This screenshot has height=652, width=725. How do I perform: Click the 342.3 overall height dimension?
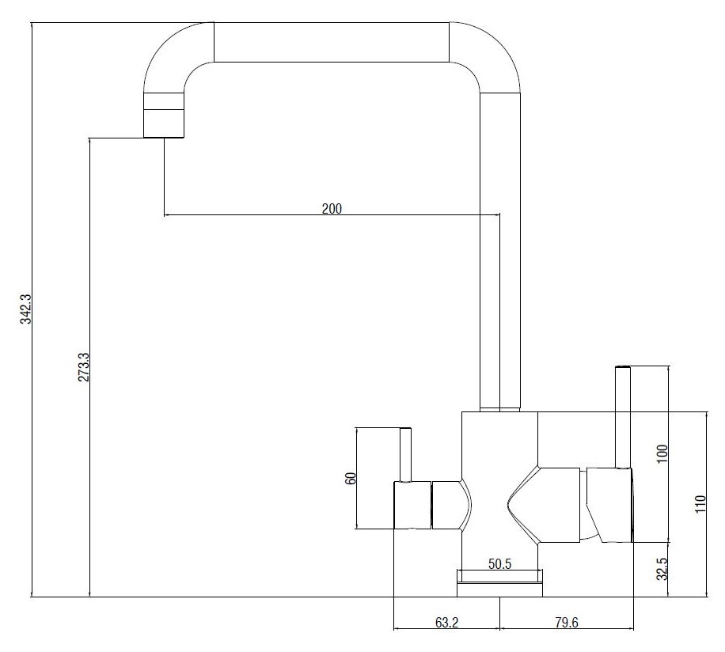point(25,309)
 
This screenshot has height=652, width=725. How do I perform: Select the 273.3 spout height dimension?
point(84,367)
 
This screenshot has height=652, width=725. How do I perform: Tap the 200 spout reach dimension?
point(332,208)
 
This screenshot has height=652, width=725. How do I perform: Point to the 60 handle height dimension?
point(351,478)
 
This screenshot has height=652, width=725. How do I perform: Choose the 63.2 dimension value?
point(446,623)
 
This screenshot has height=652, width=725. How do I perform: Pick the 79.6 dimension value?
point(567,623)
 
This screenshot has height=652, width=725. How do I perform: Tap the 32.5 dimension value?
point(662,569)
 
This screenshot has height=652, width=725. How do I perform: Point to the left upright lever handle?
point(405,455)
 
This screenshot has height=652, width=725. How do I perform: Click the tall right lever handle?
point(623,417)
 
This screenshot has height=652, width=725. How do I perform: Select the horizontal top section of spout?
point(332,42)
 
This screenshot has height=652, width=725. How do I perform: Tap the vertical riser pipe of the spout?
point(500,252)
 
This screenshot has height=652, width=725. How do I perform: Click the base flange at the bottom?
point(500,583)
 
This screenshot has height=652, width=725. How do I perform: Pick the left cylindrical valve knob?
point(412,505)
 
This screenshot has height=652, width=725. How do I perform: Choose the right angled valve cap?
point(609,505)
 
